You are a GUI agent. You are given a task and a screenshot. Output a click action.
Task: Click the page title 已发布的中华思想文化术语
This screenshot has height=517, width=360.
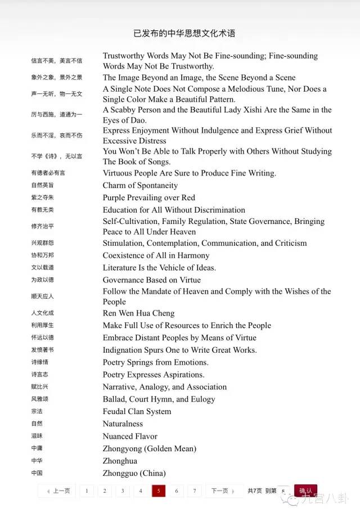[184, 33]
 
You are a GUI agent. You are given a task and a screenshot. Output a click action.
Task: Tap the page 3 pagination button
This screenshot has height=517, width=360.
[123, 491]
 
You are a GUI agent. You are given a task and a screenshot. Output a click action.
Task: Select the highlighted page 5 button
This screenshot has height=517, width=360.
[158, 491]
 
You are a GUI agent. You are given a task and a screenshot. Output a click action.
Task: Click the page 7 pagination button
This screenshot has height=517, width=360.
[194, 491]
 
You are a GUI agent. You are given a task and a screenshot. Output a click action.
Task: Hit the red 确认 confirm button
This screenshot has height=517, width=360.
[305, 491]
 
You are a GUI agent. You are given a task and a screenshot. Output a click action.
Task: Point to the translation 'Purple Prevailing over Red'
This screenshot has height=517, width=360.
[148, 197]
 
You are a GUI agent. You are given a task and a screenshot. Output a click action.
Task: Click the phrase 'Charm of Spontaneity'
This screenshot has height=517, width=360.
[140, 185]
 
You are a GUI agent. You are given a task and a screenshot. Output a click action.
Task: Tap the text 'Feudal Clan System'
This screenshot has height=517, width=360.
[137, 411]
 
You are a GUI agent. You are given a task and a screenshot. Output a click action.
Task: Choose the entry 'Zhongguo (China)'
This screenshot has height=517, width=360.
[134, 473]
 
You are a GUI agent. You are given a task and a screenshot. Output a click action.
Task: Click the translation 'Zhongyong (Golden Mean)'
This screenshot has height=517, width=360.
[149, 448]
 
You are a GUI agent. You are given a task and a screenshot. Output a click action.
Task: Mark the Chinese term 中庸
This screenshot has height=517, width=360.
[37, 448]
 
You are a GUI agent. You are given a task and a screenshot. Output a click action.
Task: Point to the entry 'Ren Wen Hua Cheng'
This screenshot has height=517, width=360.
[138, 313]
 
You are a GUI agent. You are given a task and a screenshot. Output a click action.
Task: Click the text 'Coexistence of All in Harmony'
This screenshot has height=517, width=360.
[156, 255]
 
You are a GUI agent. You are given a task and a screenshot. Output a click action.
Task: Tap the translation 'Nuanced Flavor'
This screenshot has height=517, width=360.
[130, 436]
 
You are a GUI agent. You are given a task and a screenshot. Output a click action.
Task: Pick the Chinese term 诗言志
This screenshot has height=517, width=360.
[39, 375]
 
